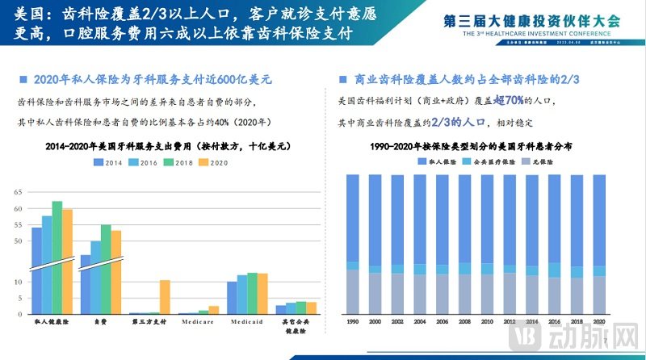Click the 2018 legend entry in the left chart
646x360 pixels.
178,162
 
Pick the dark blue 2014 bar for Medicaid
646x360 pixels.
232,298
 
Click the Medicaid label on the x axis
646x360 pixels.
247,321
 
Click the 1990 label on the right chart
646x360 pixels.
352,321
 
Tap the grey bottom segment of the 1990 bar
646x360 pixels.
352,291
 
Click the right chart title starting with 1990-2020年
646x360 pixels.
472,149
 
